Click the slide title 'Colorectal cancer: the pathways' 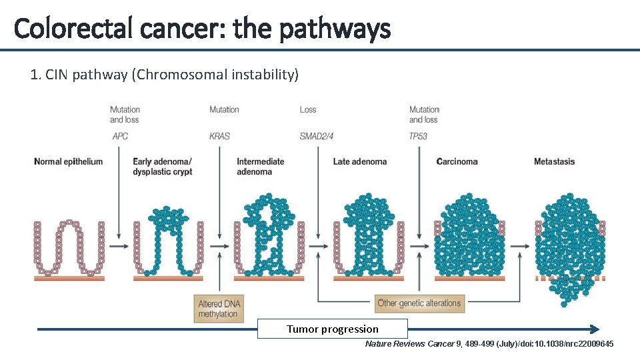201,29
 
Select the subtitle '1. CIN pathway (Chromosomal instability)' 165,75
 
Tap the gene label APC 120,136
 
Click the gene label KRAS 219,136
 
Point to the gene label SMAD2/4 317,136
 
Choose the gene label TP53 419,136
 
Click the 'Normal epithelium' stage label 68,161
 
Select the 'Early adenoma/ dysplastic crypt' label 162,167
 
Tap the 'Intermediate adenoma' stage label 261,167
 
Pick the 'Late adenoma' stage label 360,161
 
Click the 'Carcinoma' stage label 457,161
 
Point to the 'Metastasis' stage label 554,161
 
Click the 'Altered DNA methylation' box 219,309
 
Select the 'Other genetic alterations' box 419,303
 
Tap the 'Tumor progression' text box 332,329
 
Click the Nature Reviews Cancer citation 489,343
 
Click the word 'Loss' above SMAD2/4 308,109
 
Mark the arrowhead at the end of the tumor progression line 595,329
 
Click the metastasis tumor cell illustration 569,247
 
